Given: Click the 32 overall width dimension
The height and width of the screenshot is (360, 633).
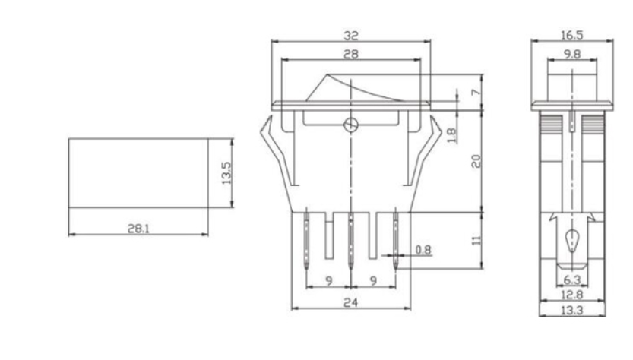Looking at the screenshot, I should (x=350, y=35).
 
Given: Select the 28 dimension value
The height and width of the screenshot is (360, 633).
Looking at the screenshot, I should (x=350, y=54).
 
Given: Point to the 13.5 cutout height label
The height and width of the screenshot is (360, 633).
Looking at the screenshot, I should (x=226, y=172).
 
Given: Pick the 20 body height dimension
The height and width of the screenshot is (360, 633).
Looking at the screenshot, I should (x=476, y=161).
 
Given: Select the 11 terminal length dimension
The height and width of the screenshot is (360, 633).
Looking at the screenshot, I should (x=476, y=239).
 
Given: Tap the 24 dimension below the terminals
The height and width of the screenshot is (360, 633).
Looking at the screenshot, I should (x=350, y=302).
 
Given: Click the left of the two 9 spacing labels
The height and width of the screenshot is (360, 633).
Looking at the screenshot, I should (x=328, y=280).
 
